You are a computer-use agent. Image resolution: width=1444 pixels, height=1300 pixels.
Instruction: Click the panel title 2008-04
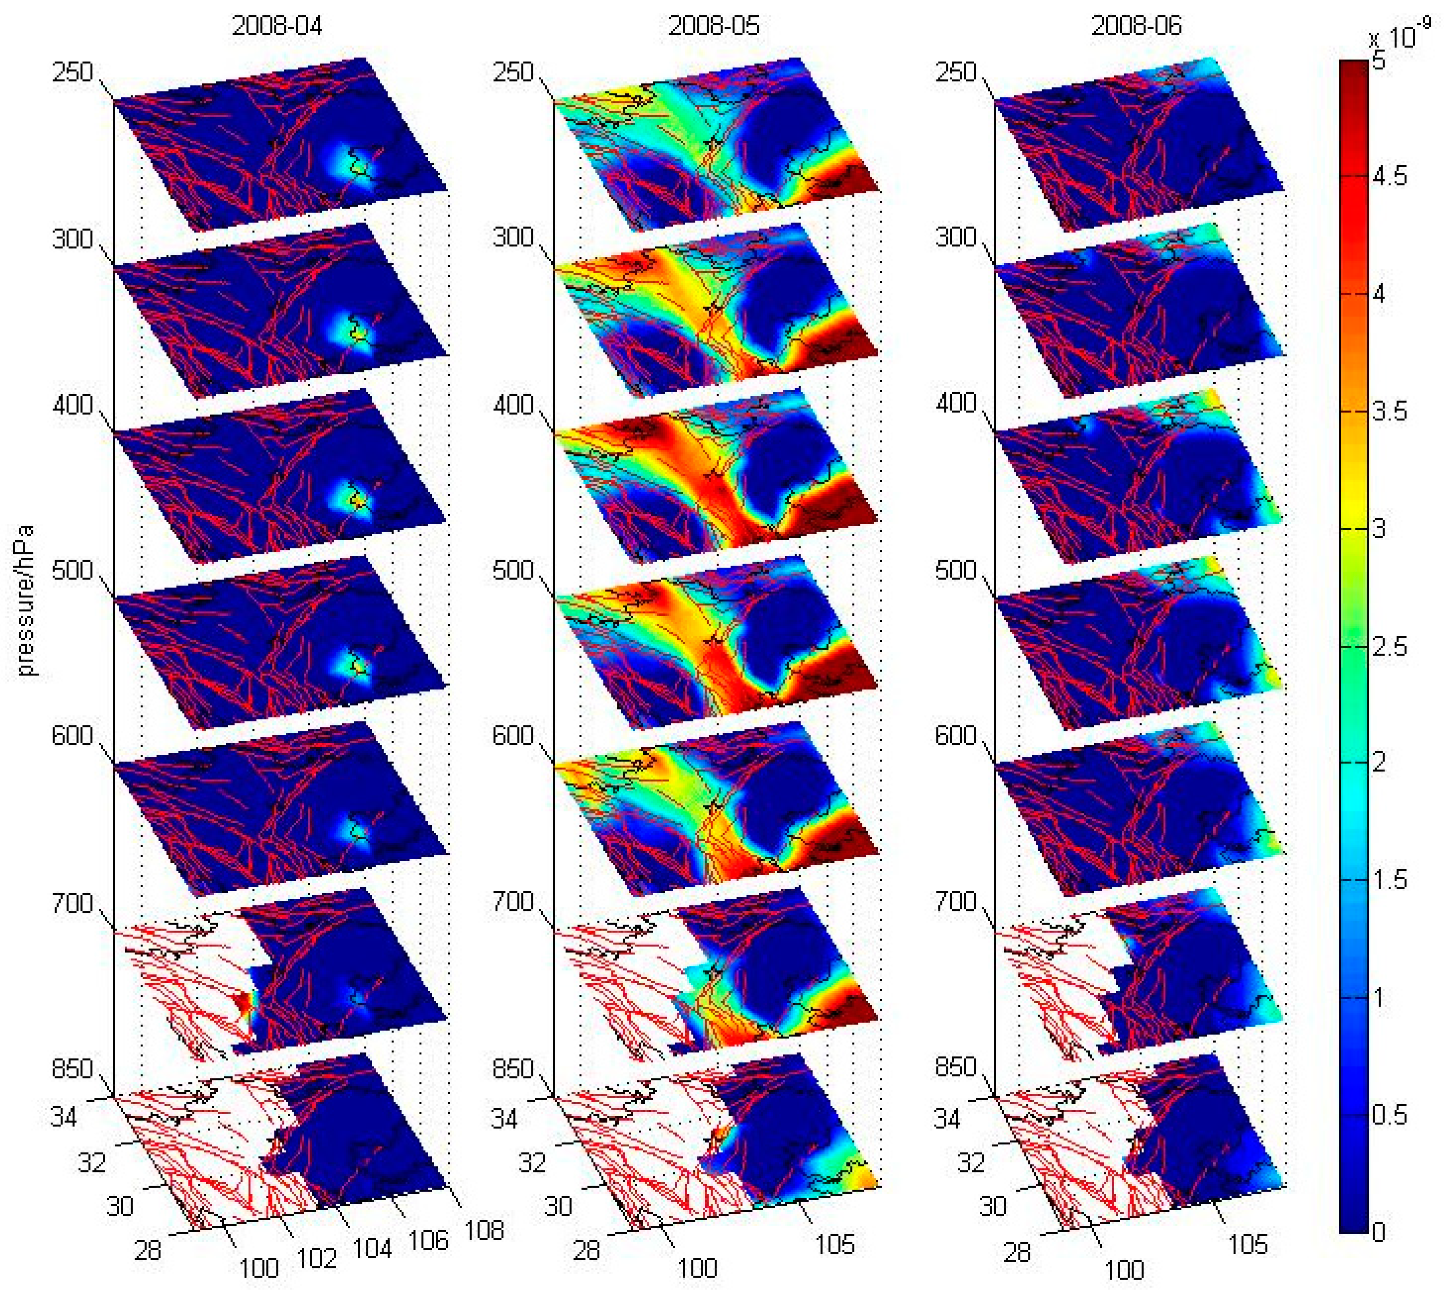click(277, 26)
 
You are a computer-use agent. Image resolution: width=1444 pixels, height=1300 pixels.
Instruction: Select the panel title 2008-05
click(713, 26)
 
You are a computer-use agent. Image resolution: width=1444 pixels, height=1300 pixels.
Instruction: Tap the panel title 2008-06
click(1136, 26)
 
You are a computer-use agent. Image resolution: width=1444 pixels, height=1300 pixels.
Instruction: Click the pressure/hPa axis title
click(25, 600)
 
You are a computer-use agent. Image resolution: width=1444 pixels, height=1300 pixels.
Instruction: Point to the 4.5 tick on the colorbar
click(1389, 175)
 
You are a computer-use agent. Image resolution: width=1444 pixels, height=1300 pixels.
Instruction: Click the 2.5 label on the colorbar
click(1389, 646)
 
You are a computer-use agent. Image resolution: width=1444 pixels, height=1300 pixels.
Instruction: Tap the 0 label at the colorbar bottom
click(1379, 1232)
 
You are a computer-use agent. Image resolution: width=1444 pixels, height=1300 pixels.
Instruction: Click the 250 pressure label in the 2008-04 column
click(72, 72)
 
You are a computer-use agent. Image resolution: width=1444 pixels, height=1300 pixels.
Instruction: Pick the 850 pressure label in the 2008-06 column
click(956, 1067)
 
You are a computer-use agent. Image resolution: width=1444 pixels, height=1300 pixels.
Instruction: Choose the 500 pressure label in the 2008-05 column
click(513, 571)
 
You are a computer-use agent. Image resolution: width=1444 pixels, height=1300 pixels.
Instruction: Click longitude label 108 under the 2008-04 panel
click(484, 1230)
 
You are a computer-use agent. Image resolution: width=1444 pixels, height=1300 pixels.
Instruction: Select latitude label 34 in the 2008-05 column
click(504, 1118)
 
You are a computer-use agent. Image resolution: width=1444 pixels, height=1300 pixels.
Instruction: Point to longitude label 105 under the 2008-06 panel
click(1248, 1244)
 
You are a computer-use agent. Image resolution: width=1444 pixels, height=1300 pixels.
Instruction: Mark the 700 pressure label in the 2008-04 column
click(72, 903)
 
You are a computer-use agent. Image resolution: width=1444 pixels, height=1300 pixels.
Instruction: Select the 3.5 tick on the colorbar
click(1389, 411)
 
